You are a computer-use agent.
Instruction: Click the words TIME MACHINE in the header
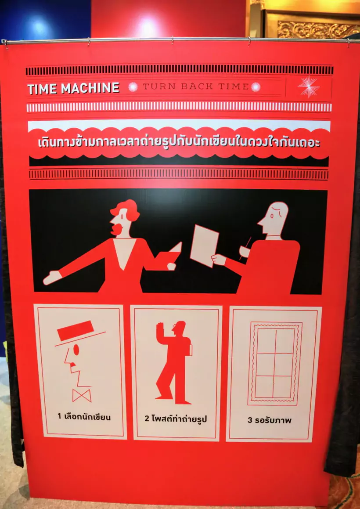coord(73,88)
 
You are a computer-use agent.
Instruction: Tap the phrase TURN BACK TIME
coord(196,87)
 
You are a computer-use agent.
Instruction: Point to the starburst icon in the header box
coord(309,87)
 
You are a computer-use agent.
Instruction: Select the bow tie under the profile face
coord(82,395)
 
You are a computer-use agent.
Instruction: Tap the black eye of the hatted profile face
coord(76,350)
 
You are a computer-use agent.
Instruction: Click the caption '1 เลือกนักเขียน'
coord(84,417)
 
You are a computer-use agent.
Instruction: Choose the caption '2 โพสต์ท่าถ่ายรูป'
coord(176,419)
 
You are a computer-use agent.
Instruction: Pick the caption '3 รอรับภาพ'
coord(270,420)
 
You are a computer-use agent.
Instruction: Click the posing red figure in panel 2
coord(174,362)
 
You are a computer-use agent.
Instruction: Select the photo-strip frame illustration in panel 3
coord(275,364)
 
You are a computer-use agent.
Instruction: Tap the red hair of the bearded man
coord(126,209)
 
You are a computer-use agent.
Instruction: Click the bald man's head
coord(274,218)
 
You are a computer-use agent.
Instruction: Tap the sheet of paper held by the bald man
coord(204,245)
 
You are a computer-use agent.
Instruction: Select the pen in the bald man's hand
coord(245,248)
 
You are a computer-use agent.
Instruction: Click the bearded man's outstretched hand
coord(52,278)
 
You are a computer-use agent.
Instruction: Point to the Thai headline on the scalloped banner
coord(179,142)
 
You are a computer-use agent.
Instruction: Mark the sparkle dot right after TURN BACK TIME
coord(256,87)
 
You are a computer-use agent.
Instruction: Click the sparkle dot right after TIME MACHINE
coord(133,87)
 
